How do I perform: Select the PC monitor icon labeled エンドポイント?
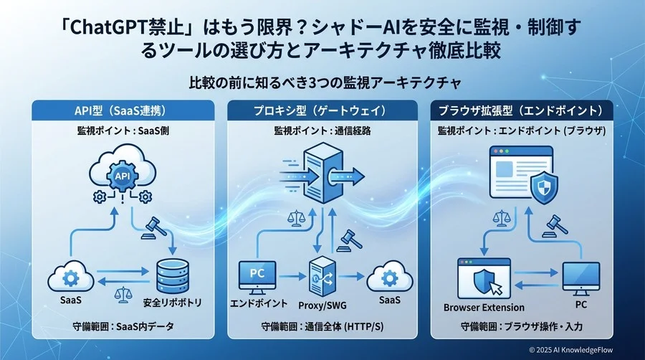[256, 275]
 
